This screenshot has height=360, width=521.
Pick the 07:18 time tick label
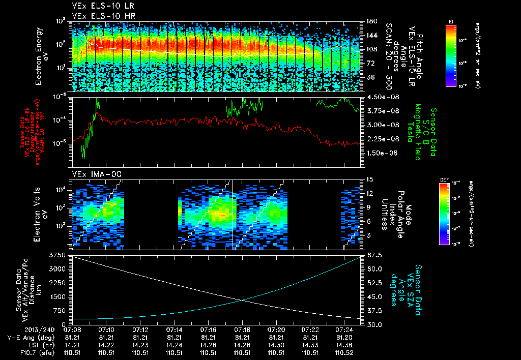242,329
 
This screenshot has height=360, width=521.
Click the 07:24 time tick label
344,329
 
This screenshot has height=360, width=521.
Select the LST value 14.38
344,344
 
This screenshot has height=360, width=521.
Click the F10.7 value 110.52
344,351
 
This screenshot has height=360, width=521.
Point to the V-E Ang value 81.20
344,337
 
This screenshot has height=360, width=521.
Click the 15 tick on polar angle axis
369,179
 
